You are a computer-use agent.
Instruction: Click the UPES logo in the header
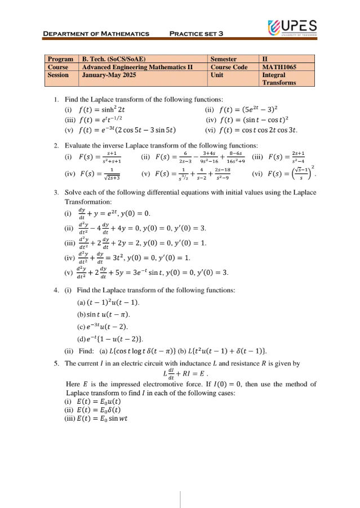[292, 27]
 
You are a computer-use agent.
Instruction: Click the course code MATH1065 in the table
[279, 66]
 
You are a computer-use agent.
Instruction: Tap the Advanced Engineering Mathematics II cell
[137, 66]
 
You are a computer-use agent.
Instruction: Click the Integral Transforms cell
[278, 78]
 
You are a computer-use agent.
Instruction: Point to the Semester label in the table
[223, 59]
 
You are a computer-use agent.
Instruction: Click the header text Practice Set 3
[197, 34]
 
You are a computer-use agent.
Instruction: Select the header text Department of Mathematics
[96, 34]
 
